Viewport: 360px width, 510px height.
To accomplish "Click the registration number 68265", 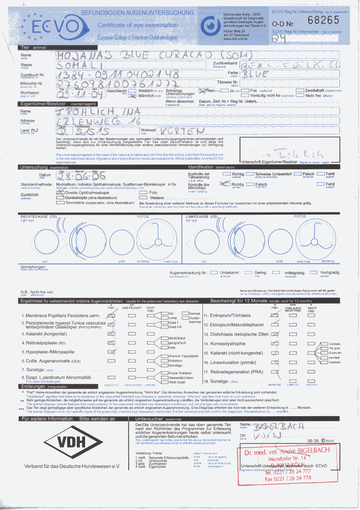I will [323, 20].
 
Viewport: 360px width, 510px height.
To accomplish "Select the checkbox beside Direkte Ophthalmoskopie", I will [60, 192].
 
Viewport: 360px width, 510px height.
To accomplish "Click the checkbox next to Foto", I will [143, 192].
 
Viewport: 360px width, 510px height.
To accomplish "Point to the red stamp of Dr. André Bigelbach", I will [286, 464].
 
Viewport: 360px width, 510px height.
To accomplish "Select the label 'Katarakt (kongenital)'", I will [44, 334].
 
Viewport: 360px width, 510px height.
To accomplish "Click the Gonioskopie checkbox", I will [60, 198].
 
